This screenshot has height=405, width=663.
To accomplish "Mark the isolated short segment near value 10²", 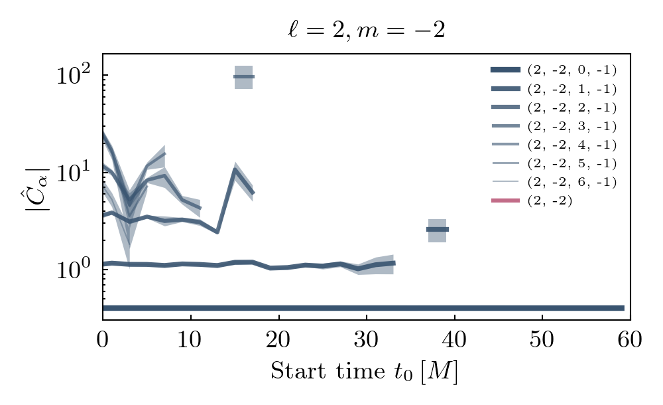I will pos(244,77).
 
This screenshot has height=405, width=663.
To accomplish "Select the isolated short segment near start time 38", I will pos(437,230).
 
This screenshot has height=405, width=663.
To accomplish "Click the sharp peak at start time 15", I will pos(235,169).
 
